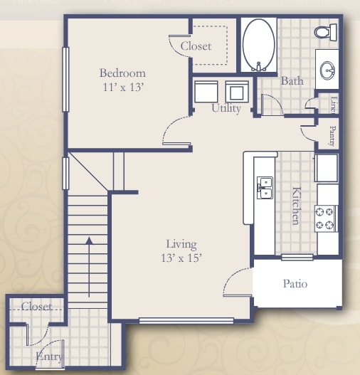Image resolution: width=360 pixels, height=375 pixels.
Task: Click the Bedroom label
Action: pyautogui.click(x=122, y=73)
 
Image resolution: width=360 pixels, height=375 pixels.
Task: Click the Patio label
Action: pyautogui.click(x=295, y=283)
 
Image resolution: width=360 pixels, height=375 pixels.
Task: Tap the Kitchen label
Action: pyautogui.click(x=295, y=205)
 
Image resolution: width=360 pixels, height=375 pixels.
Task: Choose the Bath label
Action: pyautogui.click(x=292, y=81)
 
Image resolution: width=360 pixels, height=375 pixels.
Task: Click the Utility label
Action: pyautogui.click(x=226, y=109)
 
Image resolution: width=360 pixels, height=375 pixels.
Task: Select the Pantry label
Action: pyautogui.click(x=332, y=135)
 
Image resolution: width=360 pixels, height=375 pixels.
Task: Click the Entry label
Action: pyautogui.click(x=49, y=356)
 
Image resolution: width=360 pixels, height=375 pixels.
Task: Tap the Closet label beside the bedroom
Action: pyautogui.click(x=196, y=46)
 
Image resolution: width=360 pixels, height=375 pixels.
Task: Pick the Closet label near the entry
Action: pyautogui.click(x=36, y=307)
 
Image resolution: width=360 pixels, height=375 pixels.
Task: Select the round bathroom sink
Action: pyautogui.click(x=328, y=70)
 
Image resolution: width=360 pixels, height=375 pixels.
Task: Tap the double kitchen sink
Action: pyautogui.click(x=265, y=187)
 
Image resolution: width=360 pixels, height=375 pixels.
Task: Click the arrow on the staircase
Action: pyautogui.click(x=88, y=267)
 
